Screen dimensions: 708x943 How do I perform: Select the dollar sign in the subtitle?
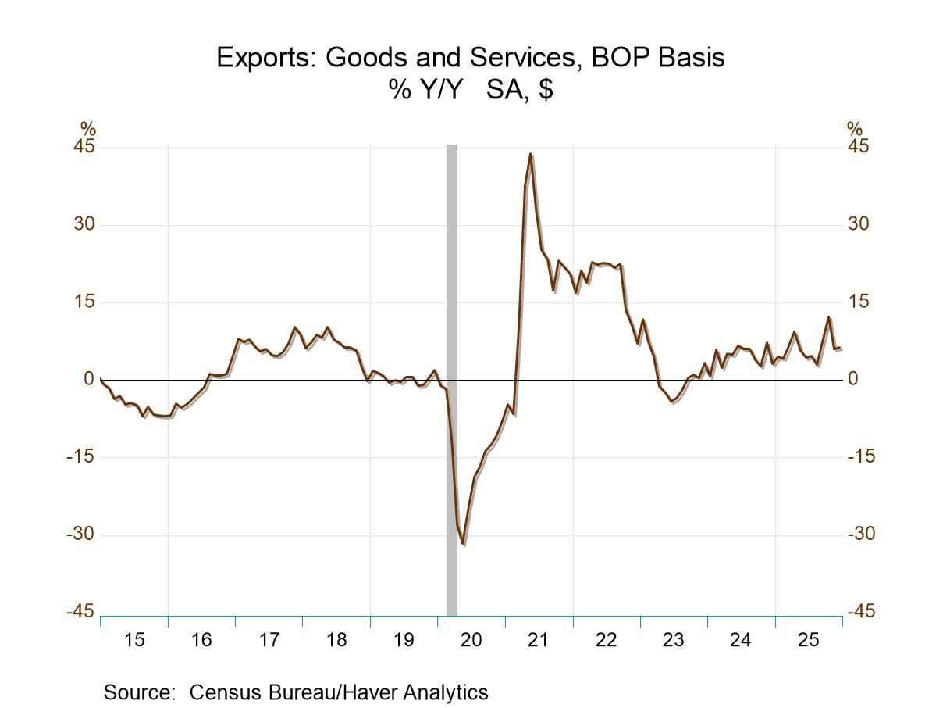pos(546,90)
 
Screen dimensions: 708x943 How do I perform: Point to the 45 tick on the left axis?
pos(84,148)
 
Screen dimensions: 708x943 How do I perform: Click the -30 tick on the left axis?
pos(80,535)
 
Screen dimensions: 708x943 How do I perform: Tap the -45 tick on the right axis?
pos(860,612)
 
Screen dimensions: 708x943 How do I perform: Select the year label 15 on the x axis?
pos(134,641)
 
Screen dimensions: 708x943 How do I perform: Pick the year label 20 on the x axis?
pos(471,641)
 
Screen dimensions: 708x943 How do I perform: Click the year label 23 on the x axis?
pos(673,641)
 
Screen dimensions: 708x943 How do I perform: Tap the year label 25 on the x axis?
pos(808,641)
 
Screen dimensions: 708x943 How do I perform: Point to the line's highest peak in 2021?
pos(530,154)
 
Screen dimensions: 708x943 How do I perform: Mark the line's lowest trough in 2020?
pos(463,544)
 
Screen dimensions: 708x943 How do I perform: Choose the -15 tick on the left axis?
pos(80,457)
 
